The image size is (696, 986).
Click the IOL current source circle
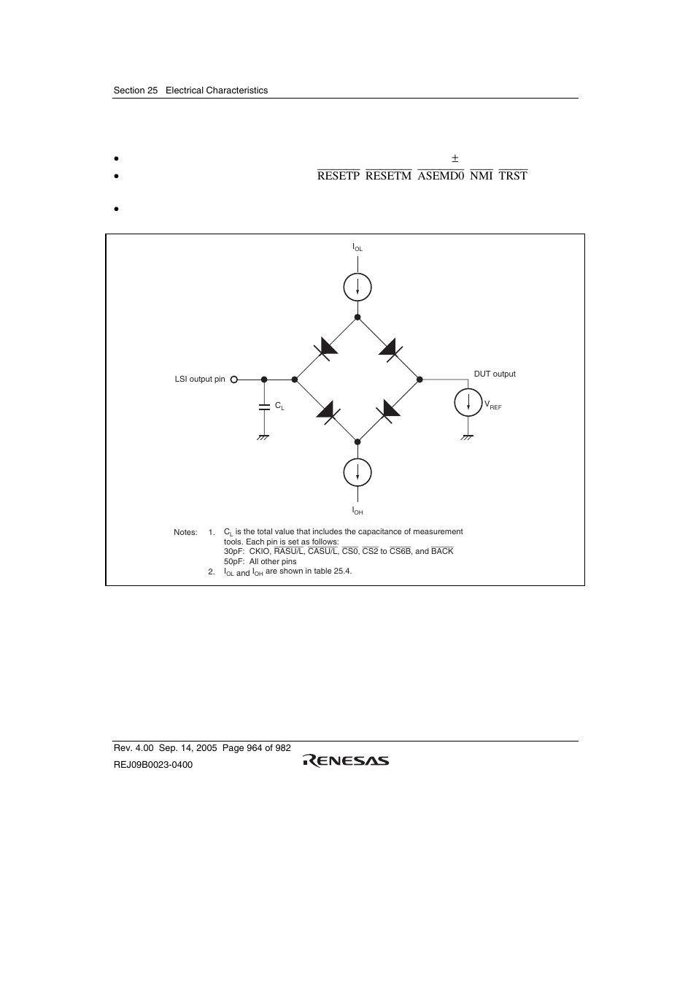(357, 287)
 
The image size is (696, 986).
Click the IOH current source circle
(357, 473)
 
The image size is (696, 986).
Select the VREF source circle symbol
(468, 403)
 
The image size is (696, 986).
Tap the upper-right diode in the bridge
(388, 347)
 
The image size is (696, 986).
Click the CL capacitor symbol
(264, 406)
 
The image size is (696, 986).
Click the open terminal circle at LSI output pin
(234, 380)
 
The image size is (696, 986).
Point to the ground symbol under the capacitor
(263, 437)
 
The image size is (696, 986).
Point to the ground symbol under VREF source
(468, 437)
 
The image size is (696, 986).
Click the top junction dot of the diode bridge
(357, 317)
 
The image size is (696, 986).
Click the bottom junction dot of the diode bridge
(357, 441)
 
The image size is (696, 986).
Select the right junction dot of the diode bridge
(419, 380)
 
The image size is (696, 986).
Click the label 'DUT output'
(495, 374)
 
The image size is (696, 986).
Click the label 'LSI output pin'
(200, 380)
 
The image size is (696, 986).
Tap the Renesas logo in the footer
(347, 760)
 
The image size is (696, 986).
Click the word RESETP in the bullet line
(339, 176)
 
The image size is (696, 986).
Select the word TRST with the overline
(513, 176)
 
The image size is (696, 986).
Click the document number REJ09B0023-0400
(153, 764)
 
